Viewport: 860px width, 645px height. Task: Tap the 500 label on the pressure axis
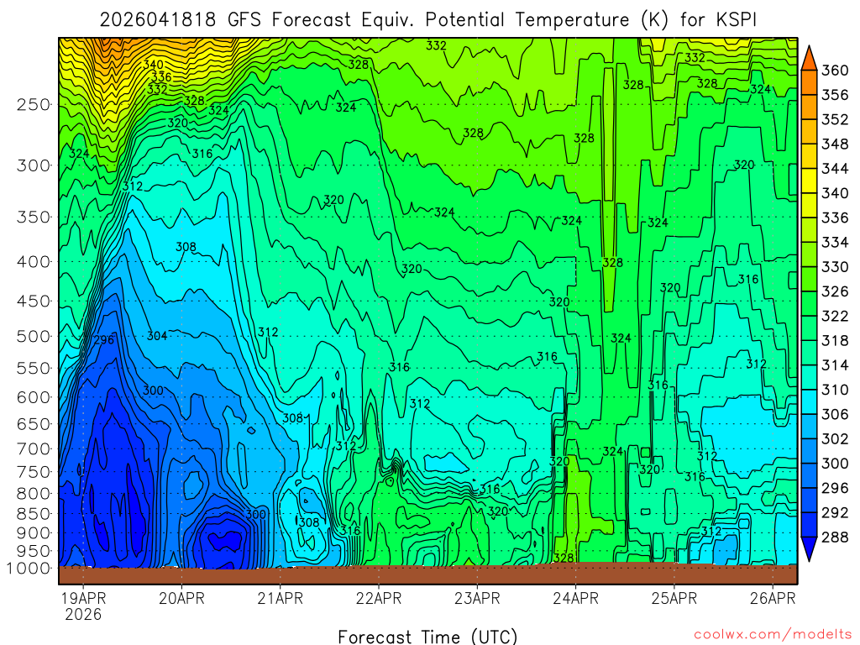[33, 336]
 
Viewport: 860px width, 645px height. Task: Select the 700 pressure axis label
[33, 448]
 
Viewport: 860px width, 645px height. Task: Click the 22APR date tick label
[378, 599]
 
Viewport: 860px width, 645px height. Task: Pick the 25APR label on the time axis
[675, 599]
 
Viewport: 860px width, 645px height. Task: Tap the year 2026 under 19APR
[83, 614]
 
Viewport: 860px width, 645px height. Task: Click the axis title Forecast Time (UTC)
[427, 636]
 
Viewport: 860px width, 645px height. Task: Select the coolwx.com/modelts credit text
[772, 634]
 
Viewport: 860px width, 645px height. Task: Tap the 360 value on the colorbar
[835, 71]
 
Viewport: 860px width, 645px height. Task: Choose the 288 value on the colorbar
[835, 537]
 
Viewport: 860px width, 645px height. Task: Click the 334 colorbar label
[835, 243]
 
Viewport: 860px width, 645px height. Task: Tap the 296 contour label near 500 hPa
[102, 340]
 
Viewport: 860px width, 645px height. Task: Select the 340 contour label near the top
[153, 65]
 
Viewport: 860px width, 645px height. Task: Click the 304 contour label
[157, 336]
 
